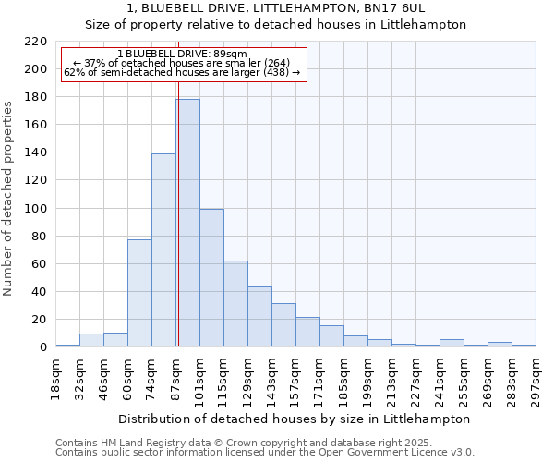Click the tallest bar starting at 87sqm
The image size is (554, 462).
tap(187, 223)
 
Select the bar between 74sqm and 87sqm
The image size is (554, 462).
tap(163, 249)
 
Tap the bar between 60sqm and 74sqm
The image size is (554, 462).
tap(139, 293)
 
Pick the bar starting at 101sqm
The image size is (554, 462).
tap(211, 277)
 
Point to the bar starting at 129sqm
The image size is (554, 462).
tap(259, 316)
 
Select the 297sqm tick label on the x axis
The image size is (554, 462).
tap(536, 381)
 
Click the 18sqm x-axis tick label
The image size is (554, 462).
tap(56, 381)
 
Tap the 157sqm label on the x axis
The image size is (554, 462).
tap(296, 381)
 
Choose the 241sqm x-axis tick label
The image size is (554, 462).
tap(440, 381)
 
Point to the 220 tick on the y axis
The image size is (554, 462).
tap(36, 42)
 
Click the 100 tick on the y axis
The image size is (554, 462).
tap(36, 209)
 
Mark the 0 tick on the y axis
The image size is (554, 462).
tap(42, 347)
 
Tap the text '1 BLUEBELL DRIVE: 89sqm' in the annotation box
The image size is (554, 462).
tap(182, 55)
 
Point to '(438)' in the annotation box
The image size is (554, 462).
tap(274, 72)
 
